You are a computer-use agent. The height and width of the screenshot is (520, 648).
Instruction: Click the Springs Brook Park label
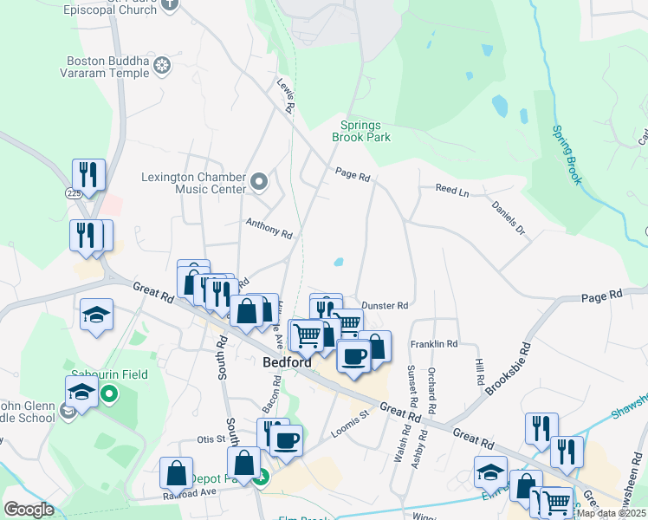[x=361, y=131]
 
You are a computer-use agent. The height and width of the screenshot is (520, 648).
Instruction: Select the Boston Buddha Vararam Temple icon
[x=162, y=66]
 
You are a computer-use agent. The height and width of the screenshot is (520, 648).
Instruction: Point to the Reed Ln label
[x=451, y=189]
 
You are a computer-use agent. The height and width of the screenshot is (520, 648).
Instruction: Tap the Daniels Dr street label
[x=508, y=218]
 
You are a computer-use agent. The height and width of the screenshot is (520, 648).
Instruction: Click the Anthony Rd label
[x=269, y=231]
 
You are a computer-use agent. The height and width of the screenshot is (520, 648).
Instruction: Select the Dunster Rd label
[x=384, y=305]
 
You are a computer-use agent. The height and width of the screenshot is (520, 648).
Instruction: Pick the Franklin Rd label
[x=434, y=344]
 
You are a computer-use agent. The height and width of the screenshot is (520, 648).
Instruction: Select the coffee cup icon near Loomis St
[x=286, y=439]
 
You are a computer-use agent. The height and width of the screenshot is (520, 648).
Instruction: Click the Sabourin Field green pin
[x=109, y=396]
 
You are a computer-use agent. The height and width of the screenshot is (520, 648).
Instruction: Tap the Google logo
[x=29, y=510]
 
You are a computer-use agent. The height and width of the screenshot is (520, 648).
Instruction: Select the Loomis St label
[x=351, y=421]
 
